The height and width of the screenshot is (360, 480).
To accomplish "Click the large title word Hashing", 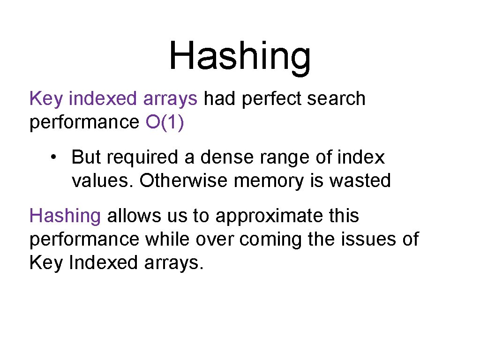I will coord(240,56).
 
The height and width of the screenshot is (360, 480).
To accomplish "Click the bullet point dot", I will coord(55,158).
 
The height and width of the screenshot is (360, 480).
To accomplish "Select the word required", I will coord(142,157).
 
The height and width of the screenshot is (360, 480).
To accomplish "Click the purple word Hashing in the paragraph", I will coord(65,217).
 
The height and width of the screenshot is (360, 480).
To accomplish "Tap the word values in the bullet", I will coord(103,180).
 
